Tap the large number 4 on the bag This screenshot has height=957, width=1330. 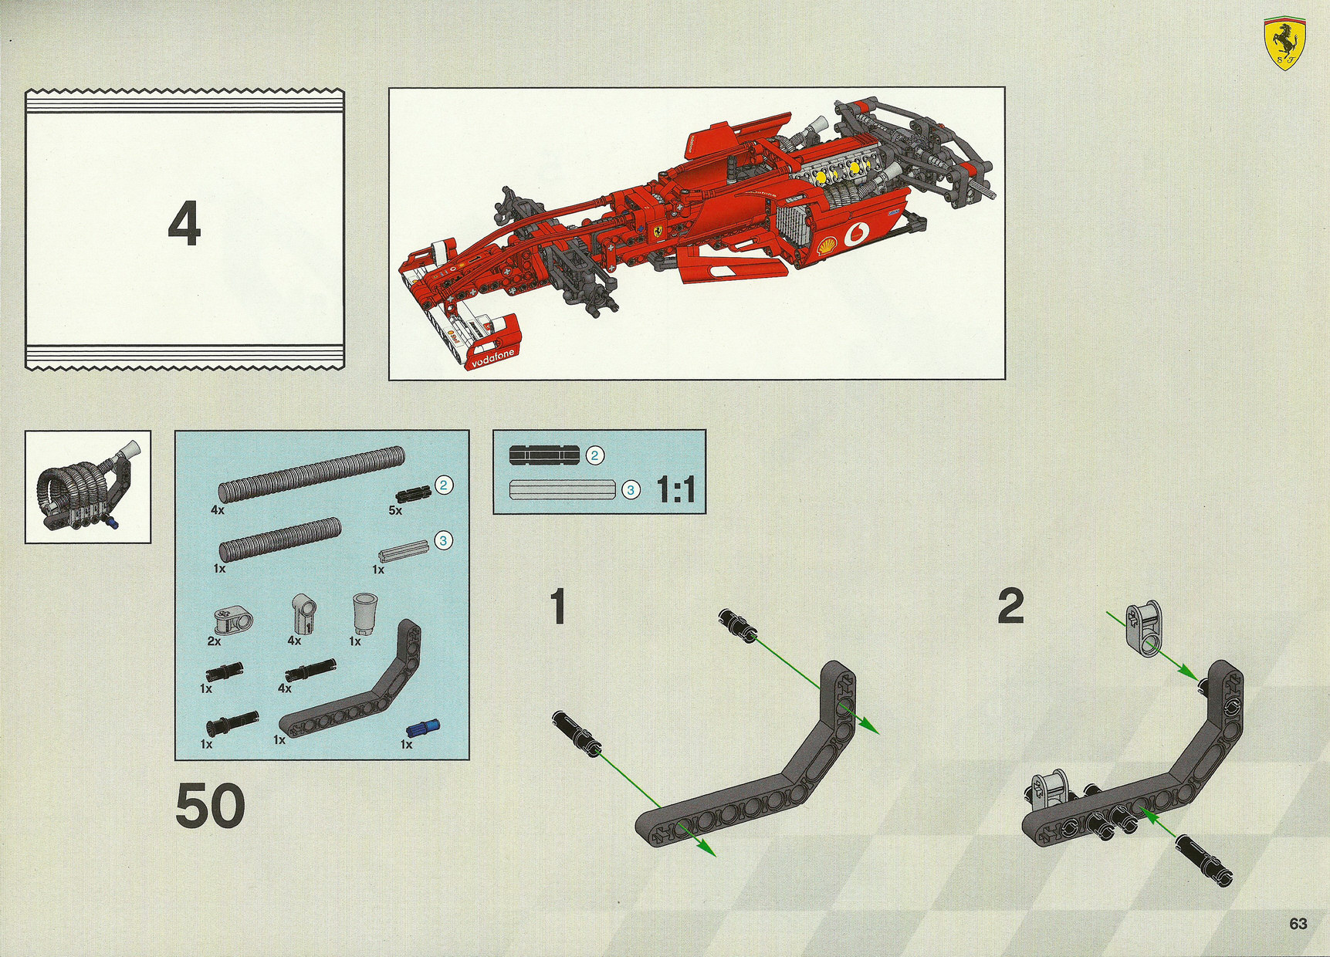tap(184, 224)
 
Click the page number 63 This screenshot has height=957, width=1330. tap(1298, 923)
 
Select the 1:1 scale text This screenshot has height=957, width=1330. tap(675, 490)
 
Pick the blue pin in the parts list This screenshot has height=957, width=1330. tap(421, 729)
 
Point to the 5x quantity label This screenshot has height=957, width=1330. tap(395, 510)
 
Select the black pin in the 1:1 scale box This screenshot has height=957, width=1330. tap(543, 455)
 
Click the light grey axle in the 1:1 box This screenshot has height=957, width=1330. tap(562, 489)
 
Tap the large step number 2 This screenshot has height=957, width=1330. tap(1010, 607)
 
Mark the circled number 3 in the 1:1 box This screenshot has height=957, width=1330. tap(631, 490)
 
